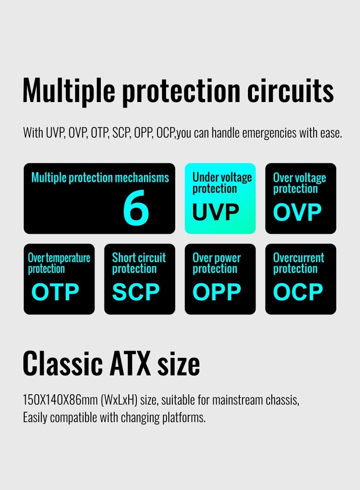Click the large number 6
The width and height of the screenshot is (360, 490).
(x=136, y=208)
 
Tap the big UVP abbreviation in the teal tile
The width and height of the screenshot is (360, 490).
(x=216, y=212)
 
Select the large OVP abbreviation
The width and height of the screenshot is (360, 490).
(x=297, y=212)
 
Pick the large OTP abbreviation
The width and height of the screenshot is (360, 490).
(x=55, y=292)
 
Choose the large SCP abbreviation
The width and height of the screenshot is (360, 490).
(x=136, y=292)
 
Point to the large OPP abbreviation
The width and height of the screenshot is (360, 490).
(x=217, y=292)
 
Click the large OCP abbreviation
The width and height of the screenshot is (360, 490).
(x=298, y=292)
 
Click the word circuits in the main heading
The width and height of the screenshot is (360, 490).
(x=291, y=91)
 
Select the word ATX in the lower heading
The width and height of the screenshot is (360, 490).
(x=130, y=363)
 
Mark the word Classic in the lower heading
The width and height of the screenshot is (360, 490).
(x=63, y=363)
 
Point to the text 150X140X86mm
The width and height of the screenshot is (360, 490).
(x=60, y=400)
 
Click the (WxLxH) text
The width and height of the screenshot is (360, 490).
(x=119, y=400)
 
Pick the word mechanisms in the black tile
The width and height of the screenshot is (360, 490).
(x=142, y=178)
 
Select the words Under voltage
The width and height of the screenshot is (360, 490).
(x=222, y=177)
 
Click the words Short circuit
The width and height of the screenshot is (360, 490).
(x=139, y=258)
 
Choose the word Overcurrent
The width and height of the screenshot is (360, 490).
(x=298, y=258)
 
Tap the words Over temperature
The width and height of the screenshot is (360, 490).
(x=59, y=258)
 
